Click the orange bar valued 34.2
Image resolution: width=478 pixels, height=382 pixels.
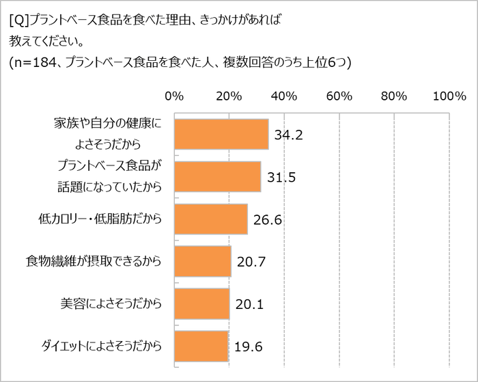click(221, 134)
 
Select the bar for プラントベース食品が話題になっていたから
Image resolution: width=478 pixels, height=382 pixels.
click(218, 177)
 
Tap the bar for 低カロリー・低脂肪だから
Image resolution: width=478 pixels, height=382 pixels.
click(211, 219)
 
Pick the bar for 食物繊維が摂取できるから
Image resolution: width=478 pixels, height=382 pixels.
click(203, 261)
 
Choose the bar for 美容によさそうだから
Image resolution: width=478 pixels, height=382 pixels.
click(202, 303)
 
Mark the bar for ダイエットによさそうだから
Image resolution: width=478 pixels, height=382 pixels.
click(201, 346)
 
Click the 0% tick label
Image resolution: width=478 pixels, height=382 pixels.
click(174, 96)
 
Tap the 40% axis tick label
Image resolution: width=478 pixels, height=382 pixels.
click(285, 96)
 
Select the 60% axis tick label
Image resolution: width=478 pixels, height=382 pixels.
click(339, 96)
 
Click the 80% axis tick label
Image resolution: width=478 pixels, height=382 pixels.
click(394, 96)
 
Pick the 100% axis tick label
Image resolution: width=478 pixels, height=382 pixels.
click(449, 96)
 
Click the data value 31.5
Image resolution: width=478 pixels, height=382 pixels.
click(280, 177)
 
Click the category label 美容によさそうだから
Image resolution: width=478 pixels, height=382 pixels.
click(112, 303)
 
